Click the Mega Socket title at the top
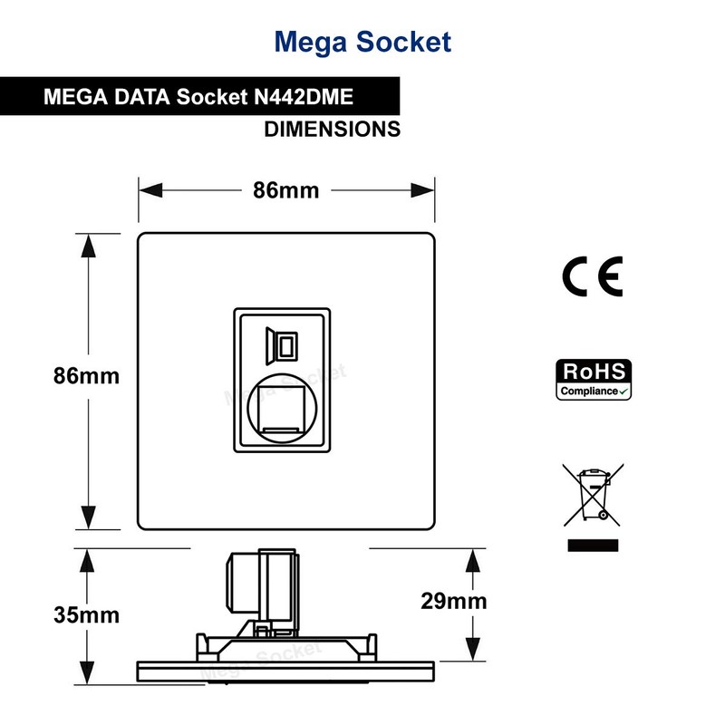[362, 42]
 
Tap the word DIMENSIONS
[332, 130]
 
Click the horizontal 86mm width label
[285, 190]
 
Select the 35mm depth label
[87, 615]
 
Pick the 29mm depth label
[454, 601]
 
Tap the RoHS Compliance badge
[593, 380]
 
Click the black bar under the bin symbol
[593, 545]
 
